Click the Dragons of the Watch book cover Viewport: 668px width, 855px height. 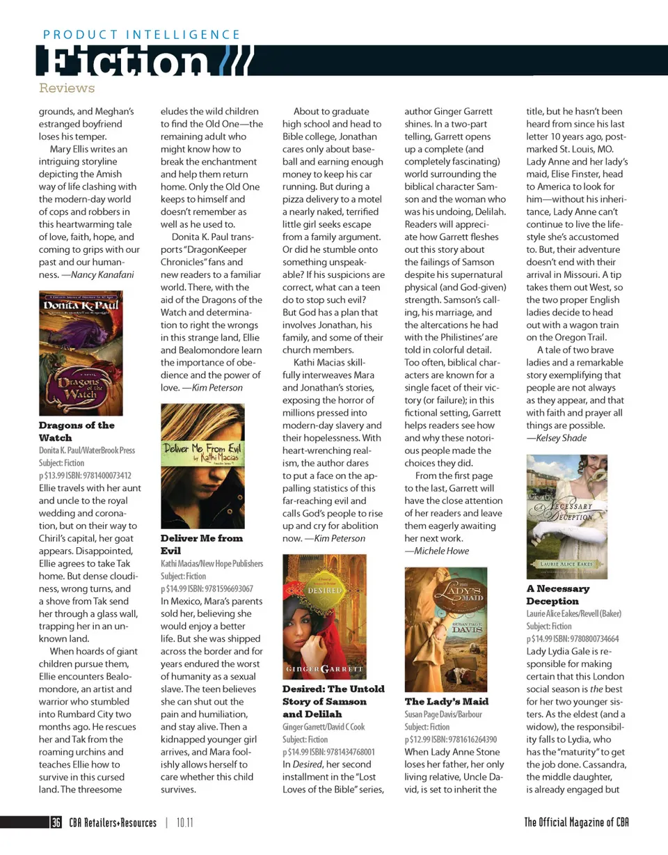point(81,352)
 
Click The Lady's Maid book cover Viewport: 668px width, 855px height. point(446,629)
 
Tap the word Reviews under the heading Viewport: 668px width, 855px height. point(67,88)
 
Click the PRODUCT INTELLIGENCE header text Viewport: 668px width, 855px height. point(141,34)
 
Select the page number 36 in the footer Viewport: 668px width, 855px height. point(56,822)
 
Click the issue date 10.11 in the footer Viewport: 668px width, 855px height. point(184,822)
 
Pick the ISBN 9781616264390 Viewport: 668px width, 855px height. point(461,739)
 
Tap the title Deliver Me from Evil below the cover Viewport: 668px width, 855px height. point(202,544)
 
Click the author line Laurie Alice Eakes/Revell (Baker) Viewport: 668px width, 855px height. point(573,613)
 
